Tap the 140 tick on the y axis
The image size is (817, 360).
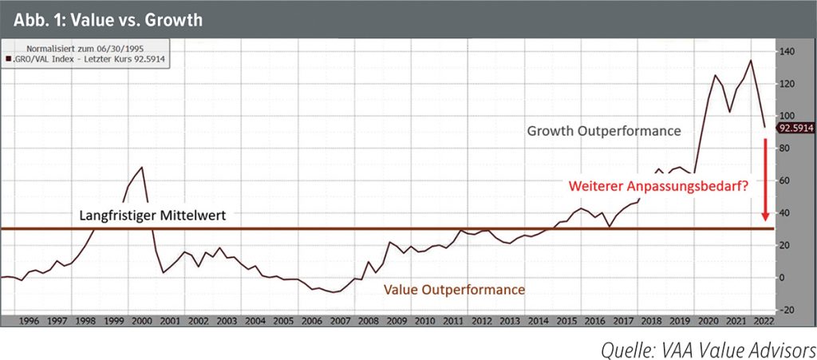click(x=788, y=52)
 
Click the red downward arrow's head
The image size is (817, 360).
click(x=765, y=216)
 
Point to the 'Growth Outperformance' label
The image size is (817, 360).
click(x=602, y=129)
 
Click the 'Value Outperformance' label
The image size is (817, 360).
click(x=455, y=290)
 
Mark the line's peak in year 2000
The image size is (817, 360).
click(x=142, y=168)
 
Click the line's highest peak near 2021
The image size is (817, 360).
click(x=750, y=61)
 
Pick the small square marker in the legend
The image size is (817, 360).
click(x=8, y=59)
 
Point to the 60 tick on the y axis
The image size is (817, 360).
click(x=786, y=180)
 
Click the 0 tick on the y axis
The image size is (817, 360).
click(x=783, y=278)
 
